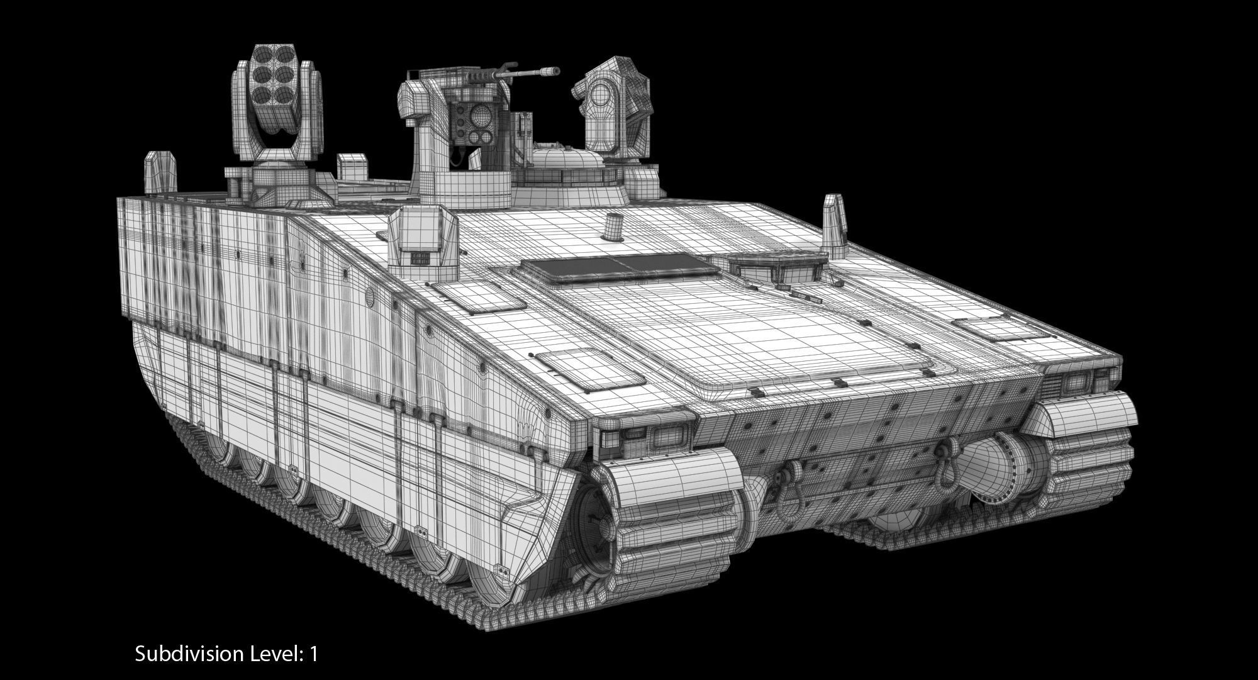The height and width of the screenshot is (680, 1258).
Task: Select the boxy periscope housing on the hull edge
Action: click(x=422, y=241)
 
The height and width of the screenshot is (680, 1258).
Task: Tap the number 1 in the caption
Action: click(x=313, y=654)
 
